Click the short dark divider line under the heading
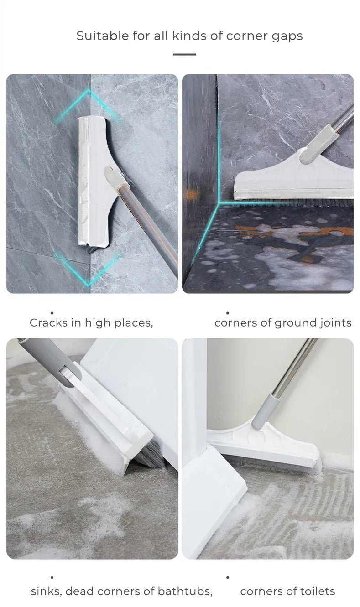click(184, 55)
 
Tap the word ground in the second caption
click(293, 323)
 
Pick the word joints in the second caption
click(334, 323)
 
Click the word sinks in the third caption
click(46, 591)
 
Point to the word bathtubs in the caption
click(185, 591)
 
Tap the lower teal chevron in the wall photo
click(88, 270)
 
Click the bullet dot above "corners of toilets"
click(228, 578)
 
